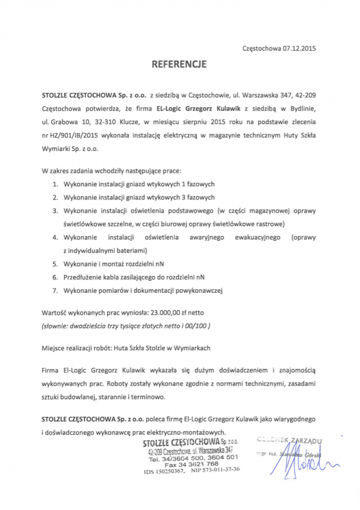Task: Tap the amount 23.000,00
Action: pyautogui.click(x=167, y=312)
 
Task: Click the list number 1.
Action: pyautogui.click(x=55, y=184)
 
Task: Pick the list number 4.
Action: pyautogui.click(x=55, y=237)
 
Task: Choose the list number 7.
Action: pyautogui.click(x=55, y=290)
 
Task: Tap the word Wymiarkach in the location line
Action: pyautogui.click(x=191, y=348)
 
